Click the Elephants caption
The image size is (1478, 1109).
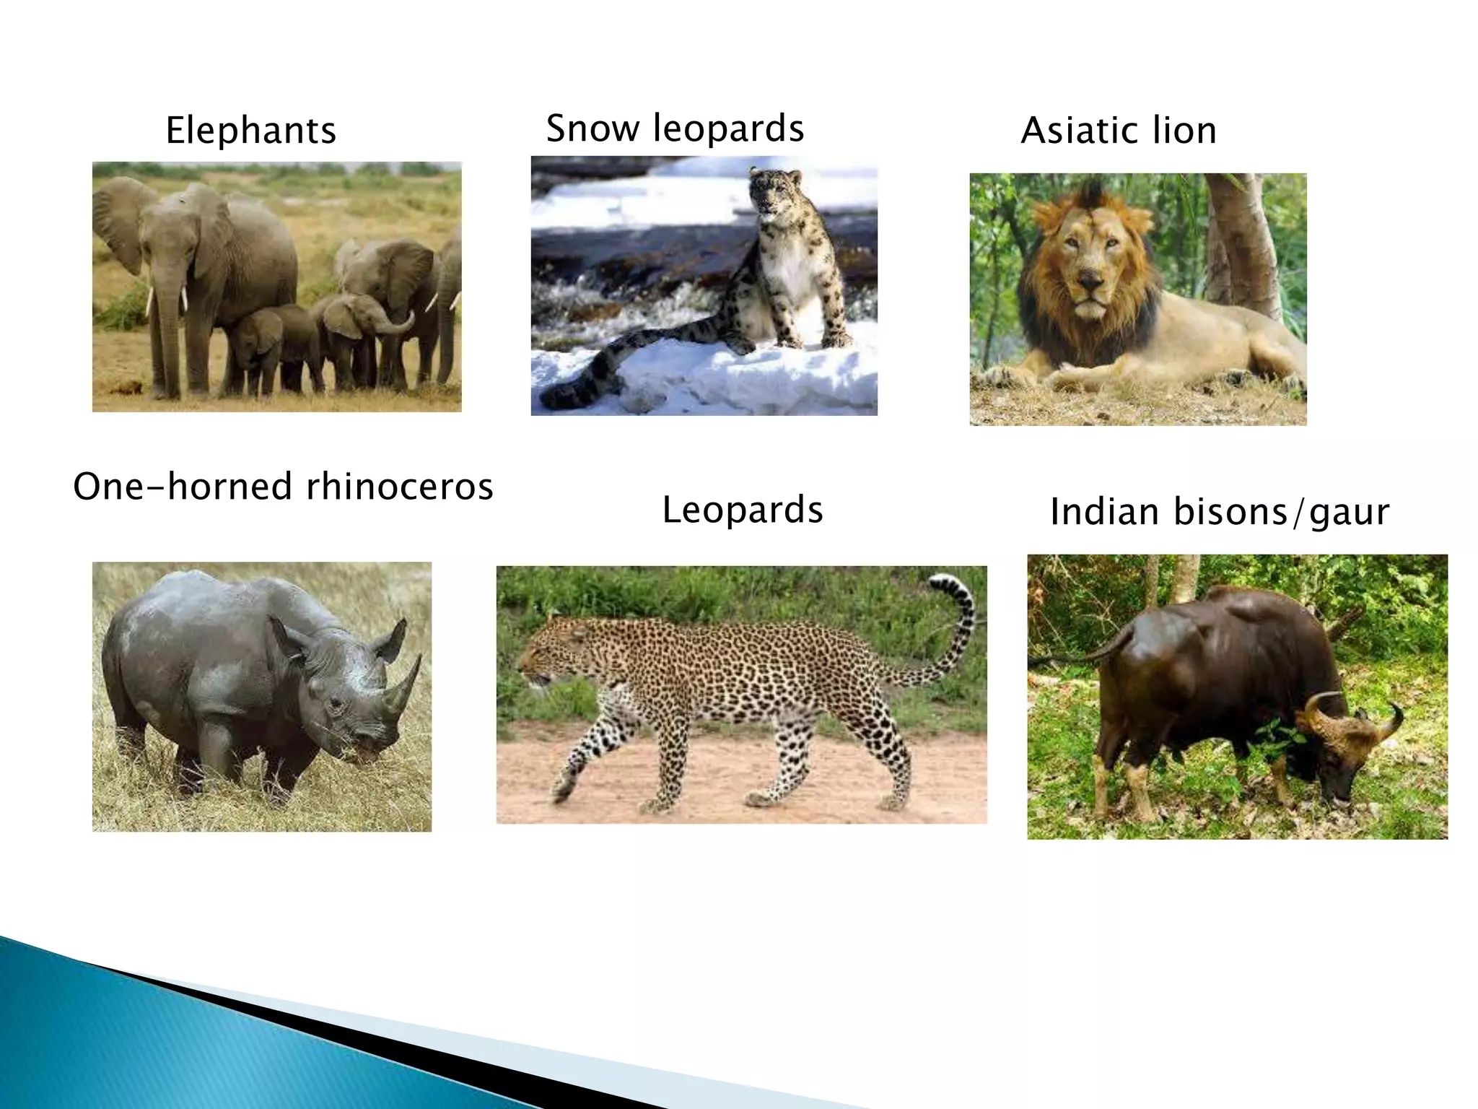[x=250, y=131]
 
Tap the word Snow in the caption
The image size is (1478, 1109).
[x=592, y=129]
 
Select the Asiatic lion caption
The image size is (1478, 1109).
[x=1119, y=131]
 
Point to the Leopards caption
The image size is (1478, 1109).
[x=743, y=510]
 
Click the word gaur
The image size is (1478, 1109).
[x=1349, y=513]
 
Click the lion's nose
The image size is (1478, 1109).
[x=1089, y=279]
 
